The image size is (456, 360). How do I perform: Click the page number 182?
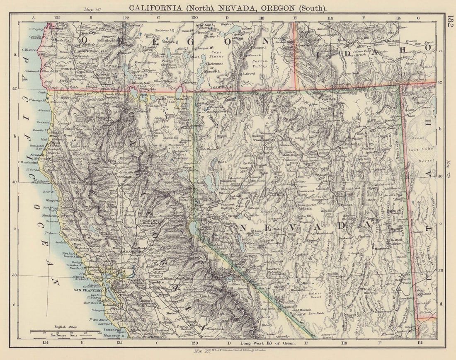[451, 22]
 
